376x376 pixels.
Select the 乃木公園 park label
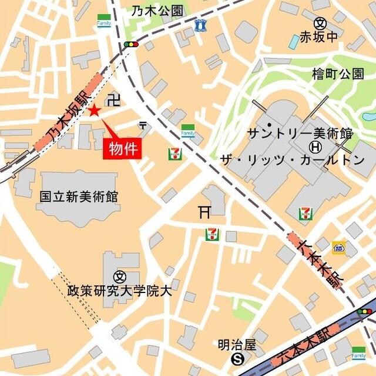pos(157,11)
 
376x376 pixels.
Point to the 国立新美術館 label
pos(80,197)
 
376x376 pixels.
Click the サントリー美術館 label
pos(300,132)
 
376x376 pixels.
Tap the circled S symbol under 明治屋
pos(237,358)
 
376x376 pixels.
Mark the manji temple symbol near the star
pos(115,99)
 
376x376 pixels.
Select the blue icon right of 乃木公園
pos(200,25)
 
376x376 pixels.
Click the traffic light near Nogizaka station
pos(131,44)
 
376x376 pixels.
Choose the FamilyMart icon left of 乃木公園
pos(104,20)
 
